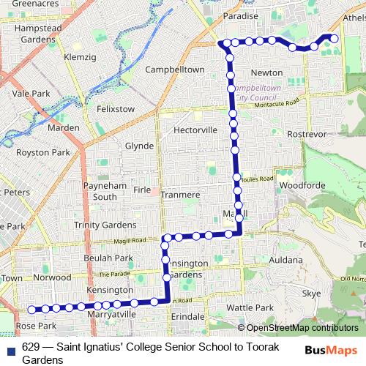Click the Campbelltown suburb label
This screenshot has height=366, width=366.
(174, 70)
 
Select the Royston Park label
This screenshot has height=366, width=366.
(42, 153)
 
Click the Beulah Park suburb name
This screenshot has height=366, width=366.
(108, 258)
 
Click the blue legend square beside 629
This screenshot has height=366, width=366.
(10, 348)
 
